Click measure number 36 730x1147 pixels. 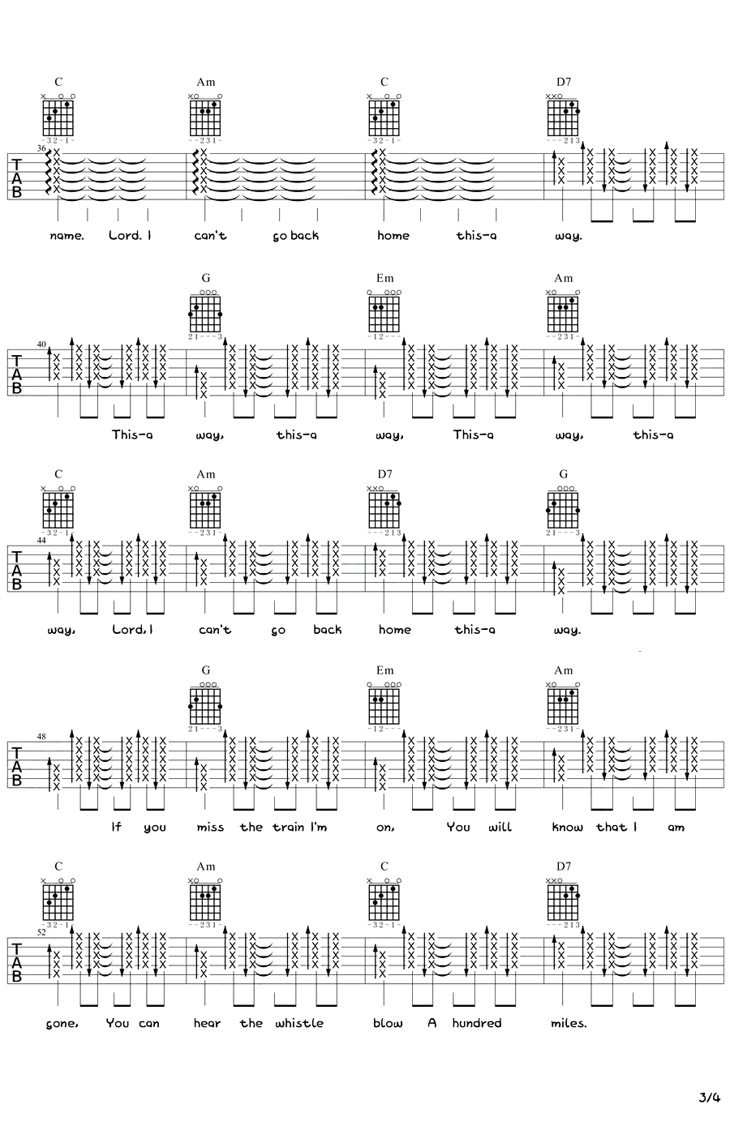click(41, 148)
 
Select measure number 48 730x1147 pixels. click(41, 737)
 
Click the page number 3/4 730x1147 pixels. click(708, 1098)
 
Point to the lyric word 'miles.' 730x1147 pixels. click(568, 1023)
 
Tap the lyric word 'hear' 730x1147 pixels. click(207, 1023)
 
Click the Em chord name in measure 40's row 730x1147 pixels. click(384, 278)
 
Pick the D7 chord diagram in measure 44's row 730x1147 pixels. click(384, 509)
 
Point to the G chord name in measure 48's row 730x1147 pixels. click(206, 670)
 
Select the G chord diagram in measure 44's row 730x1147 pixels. click(563, 509)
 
